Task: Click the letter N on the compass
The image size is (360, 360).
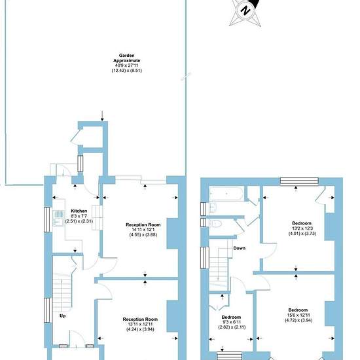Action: pos(245,10)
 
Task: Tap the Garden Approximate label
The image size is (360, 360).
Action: pos(127,58)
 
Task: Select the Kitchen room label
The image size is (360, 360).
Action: pos(79,211)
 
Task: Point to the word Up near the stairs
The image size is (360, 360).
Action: pos(63,316)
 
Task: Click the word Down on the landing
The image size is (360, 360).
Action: pos(239,248)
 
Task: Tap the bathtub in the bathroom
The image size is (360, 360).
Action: pos(226,194)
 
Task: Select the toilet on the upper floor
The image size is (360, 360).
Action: pos(215,223)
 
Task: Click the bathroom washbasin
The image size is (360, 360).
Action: pos(213,207)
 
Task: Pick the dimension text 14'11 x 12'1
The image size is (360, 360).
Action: pos(143,230)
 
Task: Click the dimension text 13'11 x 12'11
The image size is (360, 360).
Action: pos(140,324)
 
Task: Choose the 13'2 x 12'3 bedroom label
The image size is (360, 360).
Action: pos(302,228)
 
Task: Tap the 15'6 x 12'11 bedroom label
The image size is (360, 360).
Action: pos(298,315)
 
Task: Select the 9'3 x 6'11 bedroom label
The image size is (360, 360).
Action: pos(232,322)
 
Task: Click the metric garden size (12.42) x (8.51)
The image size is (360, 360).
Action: pos(127,71)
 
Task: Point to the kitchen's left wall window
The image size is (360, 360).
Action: pos(47,219)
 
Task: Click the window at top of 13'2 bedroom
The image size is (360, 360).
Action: pos(299,181)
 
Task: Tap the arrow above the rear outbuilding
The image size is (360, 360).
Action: pos(102,116)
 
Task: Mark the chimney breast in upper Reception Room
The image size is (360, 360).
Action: pos(172,234)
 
